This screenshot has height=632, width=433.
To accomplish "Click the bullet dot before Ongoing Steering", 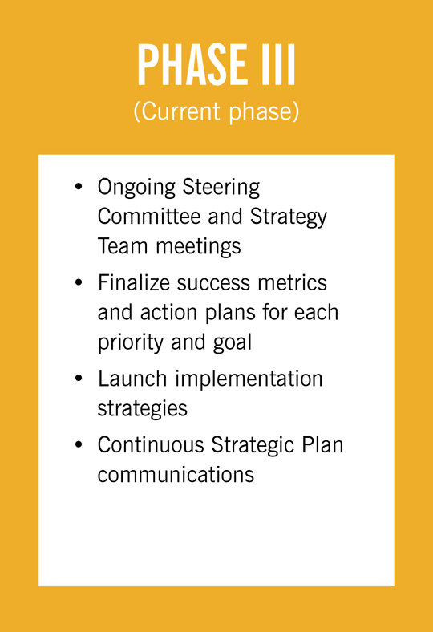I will click(x=79, y=188).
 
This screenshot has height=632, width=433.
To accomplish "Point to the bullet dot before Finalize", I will click(x=79, y=283).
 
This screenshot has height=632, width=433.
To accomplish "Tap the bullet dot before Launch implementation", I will click(x=79, y=379).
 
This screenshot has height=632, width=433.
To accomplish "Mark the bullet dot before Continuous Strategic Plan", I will click(x=79, y=444).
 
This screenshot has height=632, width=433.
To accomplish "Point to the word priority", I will click(x=132, y=342).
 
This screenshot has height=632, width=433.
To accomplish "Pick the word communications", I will click(x=176, y=473).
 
